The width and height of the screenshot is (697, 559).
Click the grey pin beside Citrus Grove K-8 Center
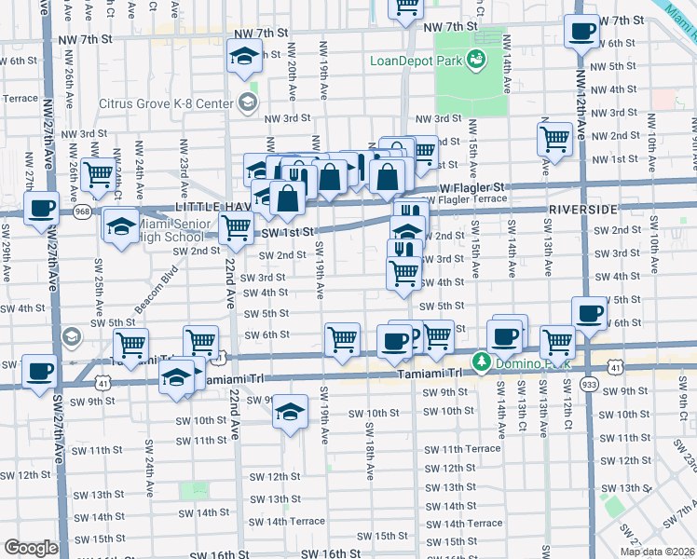coord(248,102)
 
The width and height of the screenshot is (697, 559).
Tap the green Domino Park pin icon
coord(482,361)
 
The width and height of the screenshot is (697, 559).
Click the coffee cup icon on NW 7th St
coord(583,32)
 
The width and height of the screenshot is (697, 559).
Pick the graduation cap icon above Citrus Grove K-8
coord(243,58)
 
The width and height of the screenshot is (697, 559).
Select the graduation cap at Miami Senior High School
coord(121,226)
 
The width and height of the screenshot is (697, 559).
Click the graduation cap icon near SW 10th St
coord(290,412)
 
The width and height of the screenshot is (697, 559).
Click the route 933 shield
coord(588,383)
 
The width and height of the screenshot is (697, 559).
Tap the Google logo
coord(30,548)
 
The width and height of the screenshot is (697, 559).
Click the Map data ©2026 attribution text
coord(657,552)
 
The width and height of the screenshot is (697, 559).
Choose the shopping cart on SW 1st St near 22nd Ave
coord(236,226)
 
